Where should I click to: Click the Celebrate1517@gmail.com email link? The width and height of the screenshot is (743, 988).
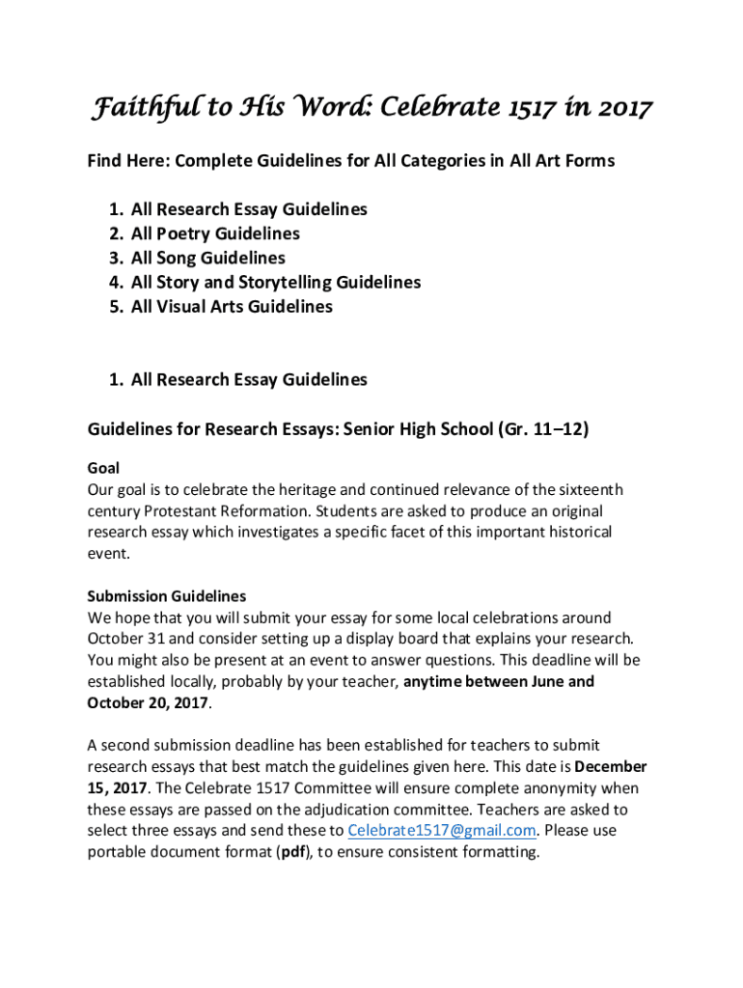coord(441,831)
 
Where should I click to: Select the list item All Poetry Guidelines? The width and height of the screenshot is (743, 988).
coord(215,233)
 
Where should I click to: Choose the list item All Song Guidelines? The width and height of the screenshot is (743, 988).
coord(208,258)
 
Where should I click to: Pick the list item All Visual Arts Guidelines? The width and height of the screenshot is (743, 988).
coord(232,307)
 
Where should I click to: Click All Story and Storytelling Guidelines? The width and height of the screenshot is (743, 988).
coord(276,283)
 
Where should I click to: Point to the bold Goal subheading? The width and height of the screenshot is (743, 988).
coord(103,468)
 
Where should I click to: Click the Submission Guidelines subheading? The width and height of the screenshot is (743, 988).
coord(167,596)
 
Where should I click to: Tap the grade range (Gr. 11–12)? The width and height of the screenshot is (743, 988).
coord(544,429)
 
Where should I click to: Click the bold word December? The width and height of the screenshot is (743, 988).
coord(610,767)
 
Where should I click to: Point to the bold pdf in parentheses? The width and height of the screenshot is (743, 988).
coord(294,852)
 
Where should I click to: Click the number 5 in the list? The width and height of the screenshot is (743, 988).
coord(115,307)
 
